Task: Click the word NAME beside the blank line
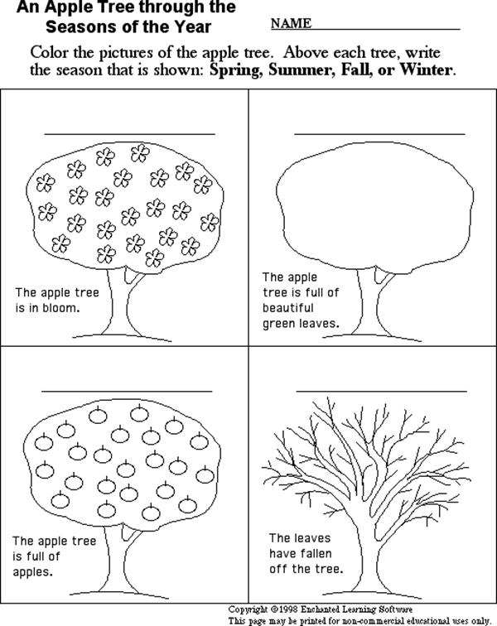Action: (291, 23)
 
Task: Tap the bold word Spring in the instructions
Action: (234, 70)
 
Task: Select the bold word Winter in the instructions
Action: (427, 70)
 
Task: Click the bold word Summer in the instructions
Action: (300, 70)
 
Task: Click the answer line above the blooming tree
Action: (129, 134)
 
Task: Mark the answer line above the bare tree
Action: (381, 391)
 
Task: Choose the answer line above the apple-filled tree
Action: (127, 391)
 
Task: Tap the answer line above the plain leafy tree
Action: (379, 134)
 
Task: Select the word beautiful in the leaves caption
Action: (287, 308)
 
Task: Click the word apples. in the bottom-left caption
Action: (33, 572)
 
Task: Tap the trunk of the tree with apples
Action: (119, 560)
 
